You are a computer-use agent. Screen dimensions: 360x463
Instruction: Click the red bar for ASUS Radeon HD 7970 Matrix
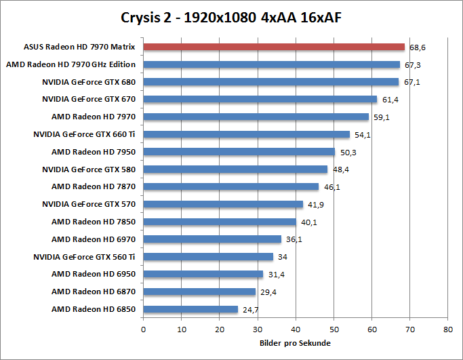pos(274,47)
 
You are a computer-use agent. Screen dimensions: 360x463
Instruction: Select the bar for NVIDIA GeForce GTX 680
pos(271,82)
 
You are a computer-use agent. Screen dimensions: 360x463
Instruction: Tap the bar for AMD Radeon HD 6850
pos(190,309)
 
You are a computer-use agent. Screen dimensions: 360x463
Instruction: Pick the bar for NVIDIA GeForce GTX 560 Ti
pos(208,257)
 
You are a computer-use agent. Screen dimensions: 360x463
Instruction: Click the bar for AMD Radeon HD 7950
pos(239,152)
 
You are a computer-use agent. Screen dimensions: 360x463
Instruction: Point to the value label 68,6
pos(418,48)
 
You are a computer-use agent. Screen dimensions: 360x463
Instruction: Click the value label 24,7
pos(250,310)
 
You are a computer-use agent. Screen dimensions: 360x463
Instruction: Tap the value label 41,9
pos(315,205)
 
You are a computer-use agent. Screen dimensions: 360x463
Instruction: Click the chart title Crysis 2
pos(231,16)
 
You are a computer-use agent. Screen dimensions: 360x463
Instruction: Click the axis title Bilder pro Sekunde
pos(295,343)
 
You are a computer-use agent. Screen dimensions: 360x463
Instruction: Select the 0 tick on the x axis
pos(143,329)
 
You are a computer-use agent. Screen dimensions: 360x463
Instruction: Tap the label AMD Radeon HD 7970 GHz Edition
pos(71,65)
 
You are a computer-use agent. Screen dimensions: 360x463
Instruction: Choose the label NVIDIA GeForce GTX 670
pos(89,100)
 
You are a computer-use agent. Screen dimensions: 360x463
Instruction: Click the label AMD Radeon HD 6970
pos(94,239)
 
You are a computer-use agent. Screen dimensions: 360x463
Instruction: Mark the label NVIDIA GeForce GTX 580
pos(89,169)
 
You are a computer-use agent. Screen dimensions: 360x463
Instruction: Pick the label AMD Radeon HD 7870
pos(94,186)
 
